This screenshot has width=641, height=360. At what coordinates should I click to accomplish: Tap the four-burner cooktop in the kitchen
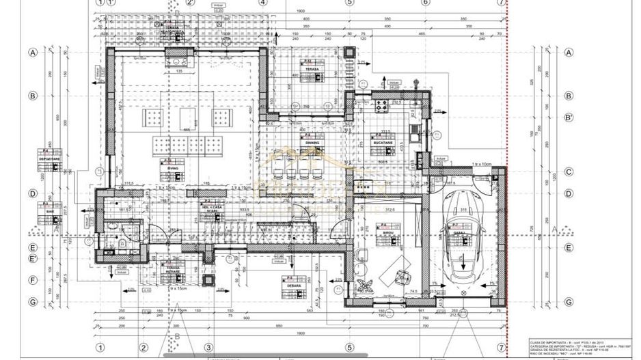point(382,107)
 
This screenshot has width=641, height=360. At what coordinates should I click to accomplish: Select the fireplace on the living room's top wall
point(180,63)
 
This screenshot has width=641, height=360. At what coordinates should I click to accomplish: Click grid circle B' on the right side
point(569,117)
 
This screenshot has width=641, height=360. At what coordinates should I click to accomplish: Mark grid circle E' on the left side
point(32,259)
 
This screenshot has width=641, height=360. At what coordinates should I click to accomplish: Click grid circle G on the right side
point(569,301)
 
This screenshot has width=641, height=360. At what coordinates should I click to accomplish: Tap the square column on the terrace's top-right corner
point(351,52)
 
